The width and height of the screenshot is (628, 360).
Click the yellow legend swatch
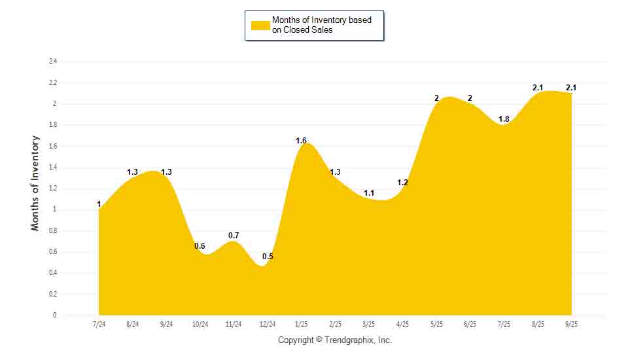(x=260, y=25)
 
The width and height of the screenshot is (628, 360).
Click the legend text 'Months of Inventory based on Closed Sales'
(x=321, y=25)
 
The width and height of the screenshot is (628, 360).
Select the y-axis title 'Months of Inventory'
(x=35, y=183)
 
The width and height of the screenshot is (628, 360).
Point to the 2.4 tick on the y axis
(x=53, y=62)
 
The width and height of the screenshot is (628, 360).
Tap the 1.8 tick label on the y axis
(x=53, y=125)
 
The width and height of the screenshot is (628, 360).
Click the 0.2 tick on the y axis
(x=53, y=294)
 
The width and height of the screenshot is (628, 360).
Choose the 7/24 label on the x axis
(x=99, y=325)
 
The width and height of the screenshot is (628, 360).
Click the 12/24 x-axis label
(x=268, y=325)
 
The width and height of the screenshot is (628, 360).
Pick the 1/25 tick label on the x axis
(x=301, y=325)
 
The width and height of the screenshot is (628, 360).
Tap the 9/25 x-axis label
(x=571, y=325)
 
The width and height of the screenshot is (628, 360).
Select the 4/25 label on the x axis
(x=402, y=325)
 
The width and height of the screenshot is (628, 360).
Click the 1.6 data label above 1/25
(x=301, y=141)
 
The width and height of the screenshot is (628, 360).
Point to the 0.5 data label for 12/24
(x=268, y=257)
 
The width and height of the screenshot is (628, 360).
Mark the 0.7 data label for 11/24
(x=234, y=236)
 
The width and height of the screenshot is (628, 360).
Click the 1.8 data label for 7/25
(x=504, y=119)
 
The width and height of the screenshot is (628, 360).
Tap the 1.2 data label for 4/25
(x=402, y=183)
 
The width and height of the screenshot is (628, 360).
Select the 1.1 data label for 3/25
(x=369, y=193)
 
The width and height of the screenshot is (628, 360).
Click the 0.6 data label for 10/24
(x=200, y=246)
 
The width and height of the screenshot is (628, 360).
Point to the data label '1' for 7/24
(x=99, y=204)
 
